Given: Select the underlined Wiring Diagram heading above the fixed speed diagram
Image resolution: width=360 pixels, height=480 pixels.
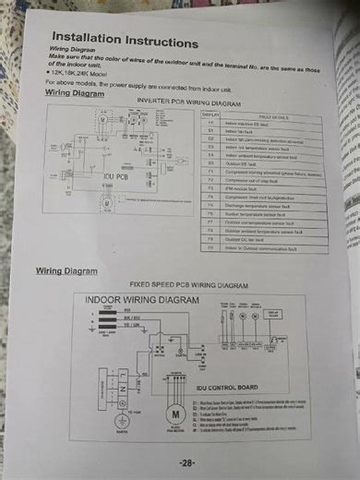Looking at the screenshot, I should pos(66,271).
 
